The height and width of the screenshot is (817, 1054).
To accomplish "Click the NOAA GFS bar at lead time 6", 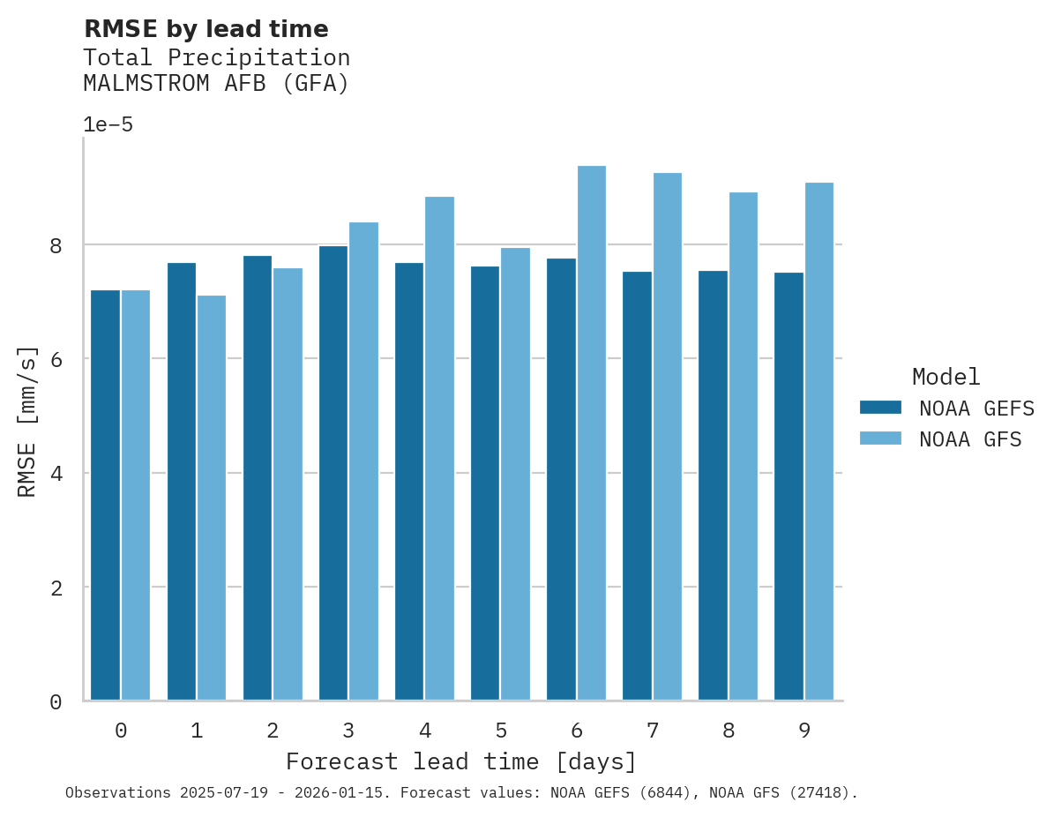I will click(x=591, y=433).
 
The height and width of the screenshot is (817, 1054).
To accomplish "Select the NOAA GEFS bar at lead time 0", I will click(x=105, y=495).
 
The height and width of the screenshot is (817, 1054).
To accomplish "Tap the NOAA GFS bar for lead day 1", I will click(x=212, y=498).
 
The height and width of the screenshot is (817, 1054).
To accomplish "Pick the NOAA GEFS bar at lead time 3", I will click(x=333, y=473).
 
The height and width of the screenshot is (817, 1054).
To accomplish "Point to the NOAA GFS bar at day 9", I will click(x=819, y=441).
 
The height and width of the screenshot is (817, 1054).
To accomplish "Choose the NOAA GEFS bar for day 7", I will click(x=637, y=486).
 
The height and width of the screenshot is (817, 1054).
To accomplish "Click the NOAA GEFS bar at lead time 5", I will click(x=485, y=483).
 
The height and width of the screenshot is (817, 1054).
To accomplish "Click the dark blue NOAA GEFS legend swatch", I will click(x=880, y=408).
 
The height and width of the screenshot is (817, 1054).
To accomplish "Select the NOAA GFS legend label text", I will click(x=969, y=439).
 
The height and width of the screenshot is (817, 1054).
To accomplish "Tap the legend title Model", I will click(x=946, y=378).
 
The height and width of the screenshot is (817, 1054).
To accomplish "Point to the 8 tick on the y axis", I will click(x=56, y=245).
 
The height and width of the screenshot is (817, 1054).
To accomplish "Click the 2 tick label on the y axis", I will click(x=56, y=588).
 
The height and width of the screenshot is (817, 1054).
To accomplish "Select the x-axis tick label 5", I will click(x=500, y=731).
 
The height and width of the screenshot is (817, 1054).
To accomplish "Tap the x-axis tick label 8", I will click(x=728, y=731).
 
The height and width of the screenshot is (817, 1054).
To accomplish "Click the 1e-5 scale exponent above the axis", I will click(x=108, y=125).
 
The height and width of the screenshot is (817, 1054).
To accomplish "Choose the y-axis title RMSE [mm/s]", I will click(x=28, y=421).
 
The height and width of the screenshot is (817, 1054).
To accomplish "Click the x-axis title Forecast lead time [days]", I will click(x=460, y=761).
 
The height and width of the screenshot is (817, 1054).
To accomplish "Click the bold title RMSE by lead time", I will click(x=206, y=30).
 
